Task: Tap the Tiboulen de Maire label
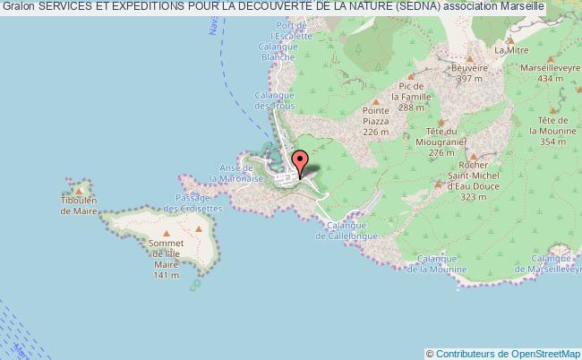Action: tap(80, 206)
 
